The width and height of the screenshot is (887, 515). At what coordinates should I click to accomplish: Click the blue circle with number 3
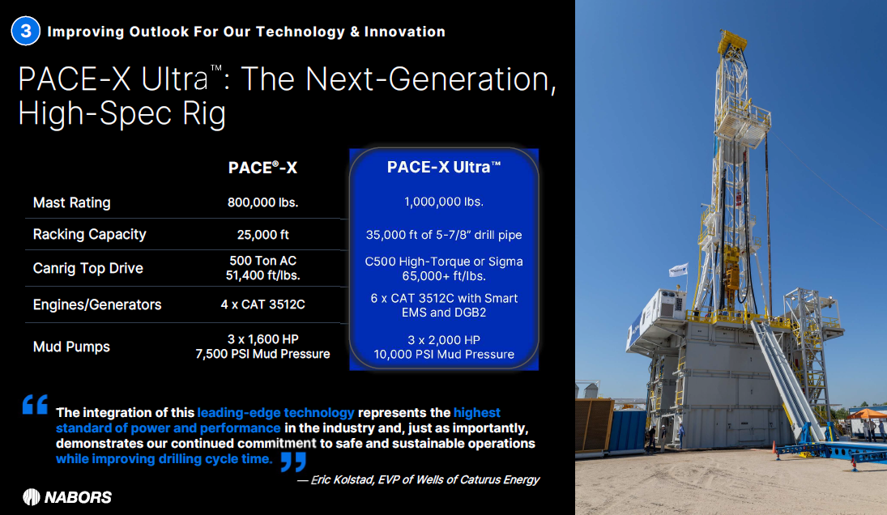coord(25,31)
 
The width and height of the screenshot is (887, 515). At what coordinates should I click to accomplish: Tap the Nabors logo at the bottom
coord(67,497)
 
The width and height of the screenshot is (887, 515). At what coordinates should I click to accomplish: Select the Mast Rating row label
coord(72,202)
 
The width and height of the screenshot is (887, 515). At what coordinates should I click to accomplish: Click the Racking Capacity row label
coord(89,234)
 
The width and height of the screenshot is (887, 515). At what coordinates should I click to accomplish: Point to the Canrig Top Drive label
coord(87,268)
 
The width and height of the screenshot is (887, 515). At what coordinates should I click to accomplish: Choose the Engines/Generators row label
coord(96,304)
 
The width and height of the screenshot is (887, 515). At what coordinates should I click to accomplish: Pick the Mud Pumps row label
coord(71,347)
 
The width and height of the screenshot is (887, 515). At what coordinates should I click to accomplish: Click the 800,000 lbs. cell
coord(262,202)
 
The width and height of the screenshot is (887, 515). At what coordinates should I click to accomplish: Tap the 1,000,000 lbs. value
coord(444,202)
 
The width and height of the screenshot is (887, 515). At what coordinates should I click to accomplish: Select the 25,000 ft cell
coord(263,235)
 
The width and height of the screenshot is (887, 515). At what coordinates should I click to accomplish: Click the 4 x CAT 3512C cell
coord(262,304)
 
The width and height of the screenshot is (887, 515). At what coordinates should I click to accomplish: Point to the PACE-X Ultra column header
coord(444,167)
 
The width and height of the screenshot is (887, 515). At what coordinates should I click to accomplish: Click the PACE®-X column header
coord(262,168)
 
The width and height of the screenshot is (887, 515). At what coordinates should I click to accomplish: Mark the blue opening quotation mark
coord(35,404)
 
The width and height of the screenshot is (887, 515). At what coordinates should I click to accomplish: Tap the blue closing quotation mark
coord(293,462)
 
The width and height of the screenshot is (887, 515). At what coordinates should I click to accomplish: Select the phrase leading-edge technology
coord(275,413)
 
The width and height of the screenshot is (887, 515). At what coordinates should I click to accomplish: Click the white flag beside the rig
coord(678,270)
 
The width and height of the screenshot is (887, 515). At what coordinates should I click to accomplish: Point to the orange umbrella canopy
coord(867,414)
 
